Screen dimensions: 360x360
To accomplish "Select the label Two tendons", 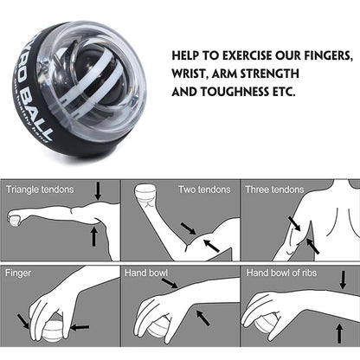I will click(204, 188).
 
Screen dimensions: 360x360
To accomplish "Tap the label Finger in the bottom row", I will click(19, 272).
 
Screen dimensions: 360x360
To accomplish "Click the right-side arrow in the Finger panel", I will click(78, 327).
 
